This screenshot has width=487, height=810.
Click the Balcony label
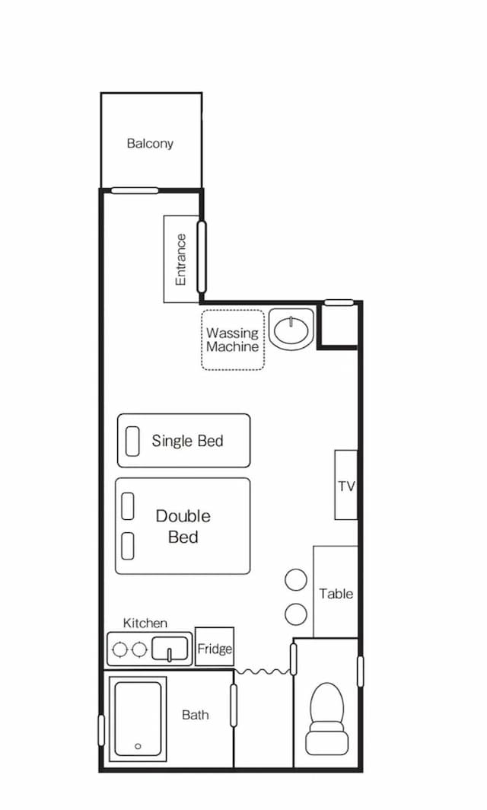(x=150, y=144)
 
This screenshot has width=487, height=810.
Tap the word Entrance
(x=181, y=260)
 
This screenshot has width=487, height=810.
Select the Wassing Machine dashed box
(x=232, y=340)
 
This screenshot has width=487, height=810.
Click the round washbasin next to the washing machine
(x=292, y=330)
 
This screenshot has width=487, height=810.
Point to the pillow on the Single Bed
(x=132, y=442)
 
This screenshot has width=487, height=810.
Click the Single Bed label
(x=187, y=441)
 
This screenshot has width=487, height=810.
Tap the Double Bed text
(x=183, y=526)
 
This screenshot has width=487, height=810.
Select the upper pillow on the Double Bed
(x=128, y=505)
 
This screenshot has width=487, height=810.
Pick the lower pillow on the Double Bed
(x=128, y=546)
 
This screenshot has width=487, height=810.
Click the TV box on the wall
(x=346, y=484)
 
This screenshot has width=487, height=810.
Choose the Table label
(x=336, y=594)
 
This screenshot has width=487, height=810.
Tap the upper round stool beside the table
(x=296, y=579)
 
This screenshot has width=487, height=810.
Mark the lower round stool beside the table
(x=296, y=613)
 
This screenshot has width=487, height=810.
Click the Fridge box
(x=215, y=646)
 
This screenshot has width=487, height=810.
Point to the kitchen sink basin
(x=170, y=649)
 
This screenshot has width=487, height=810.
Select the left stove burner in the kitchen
(x=120, y=649)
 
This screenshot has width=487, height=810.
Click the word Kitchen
(x=145, y=623)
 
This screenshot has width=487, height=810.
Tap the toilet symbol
(x=326, y=719)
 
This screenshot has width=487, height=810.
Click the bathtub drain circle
(x=138, y=746)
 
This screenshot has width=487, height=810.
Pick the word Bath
(x=196, y=715)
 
